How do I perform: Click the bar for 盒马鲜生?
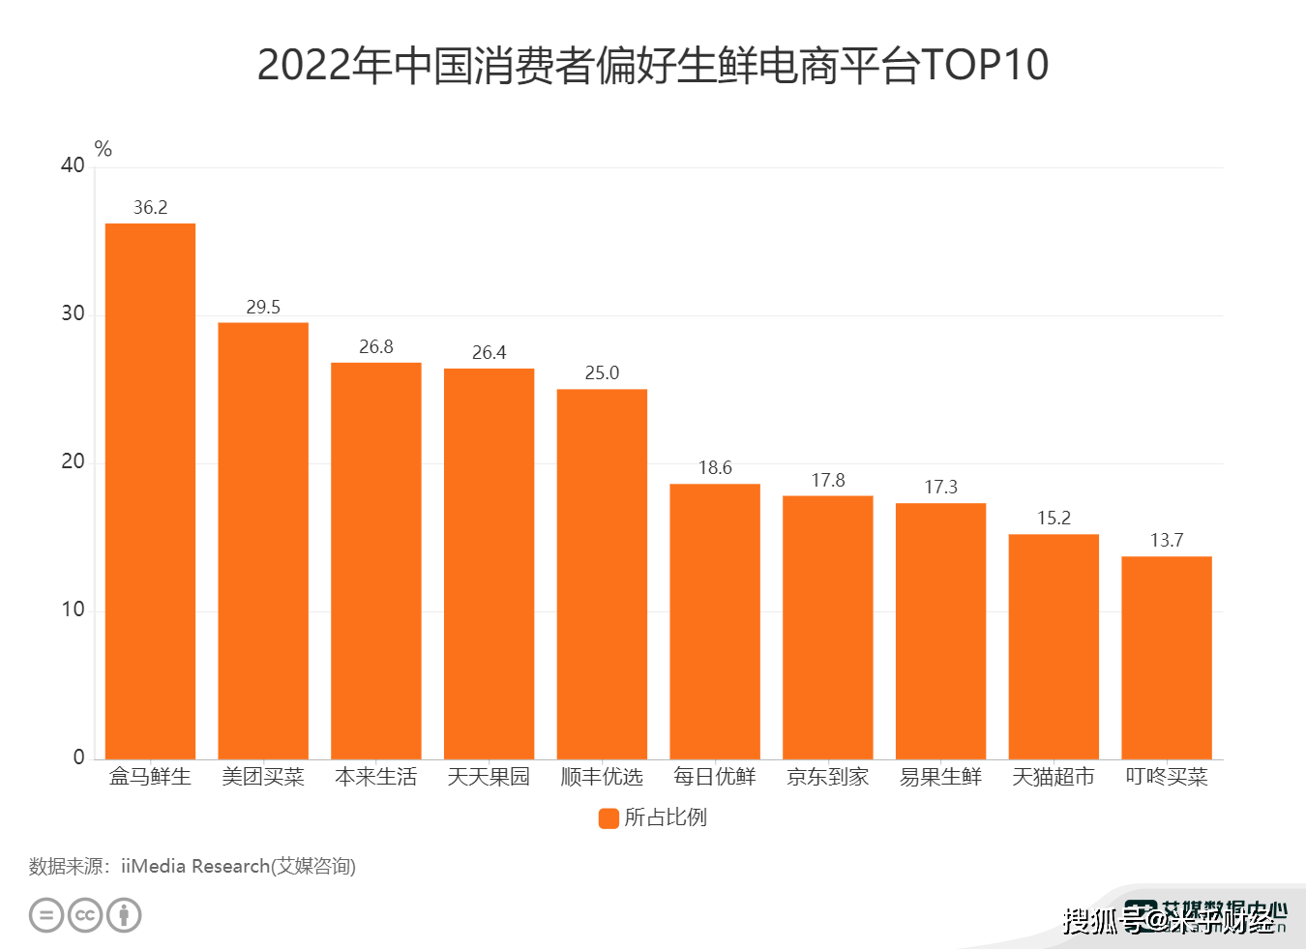tap(150, 491)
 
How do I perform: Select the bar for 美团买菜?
tap(263, 541)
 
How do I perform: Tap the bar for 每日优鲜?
tap(715, 621)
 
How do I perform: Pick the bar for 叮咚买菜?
tap(1167, 658)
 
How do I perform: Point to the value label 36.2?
tap(150, 207)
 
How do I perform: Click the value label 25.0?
tap(602, 372)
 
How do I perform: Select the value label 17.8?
tap(828, 480)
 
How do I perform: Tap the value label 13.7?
tap(1167, 540)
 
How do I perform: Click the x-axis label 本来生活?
tap(376, 777)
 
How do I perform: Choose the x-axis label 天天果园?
tap(489, 777)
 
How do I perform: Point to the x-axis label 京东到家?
tap(828, 777)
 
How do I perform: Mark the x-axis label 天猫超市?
tap(1054, 777)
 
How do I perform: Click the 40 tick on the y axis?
tap(73, 165)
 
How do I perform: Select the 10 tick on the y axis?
tap(73, 609)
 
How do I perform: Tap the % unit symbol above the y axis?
tap(104, 149)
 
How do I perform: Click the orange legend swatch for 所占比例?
tap(608, 818)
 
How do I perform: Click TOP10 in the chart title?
tap(985, 65)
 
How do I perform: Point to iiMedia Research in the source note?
tap(194, 866)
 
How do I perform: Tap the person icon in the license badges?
tap(124, 915)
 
